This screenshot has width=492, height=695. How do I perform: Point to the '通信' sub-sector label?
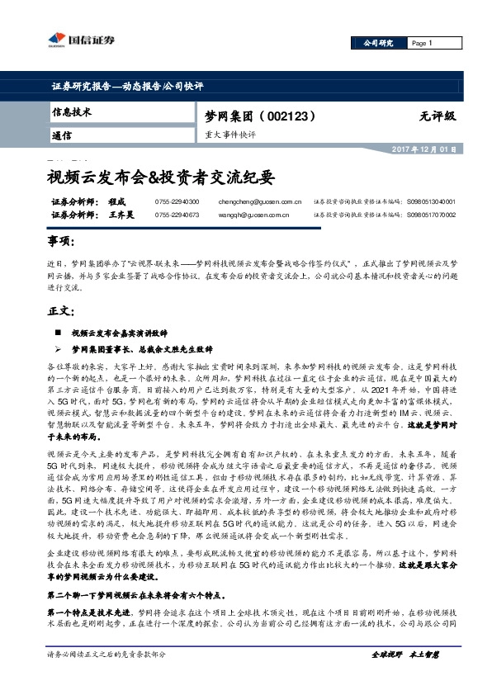[61, 135]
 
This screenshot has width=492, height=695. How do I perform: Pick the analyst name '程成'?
[115, 201]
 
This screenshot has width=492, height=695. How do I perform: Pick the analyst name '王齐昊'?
[120, 215]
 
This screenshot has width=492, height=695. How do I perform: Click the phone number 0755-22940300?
[177, 201]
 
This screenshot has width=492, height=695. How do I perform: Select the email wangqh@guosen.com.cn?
[253, 215]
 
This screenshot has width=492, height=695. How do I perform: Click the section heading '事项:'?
[60, 241]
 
